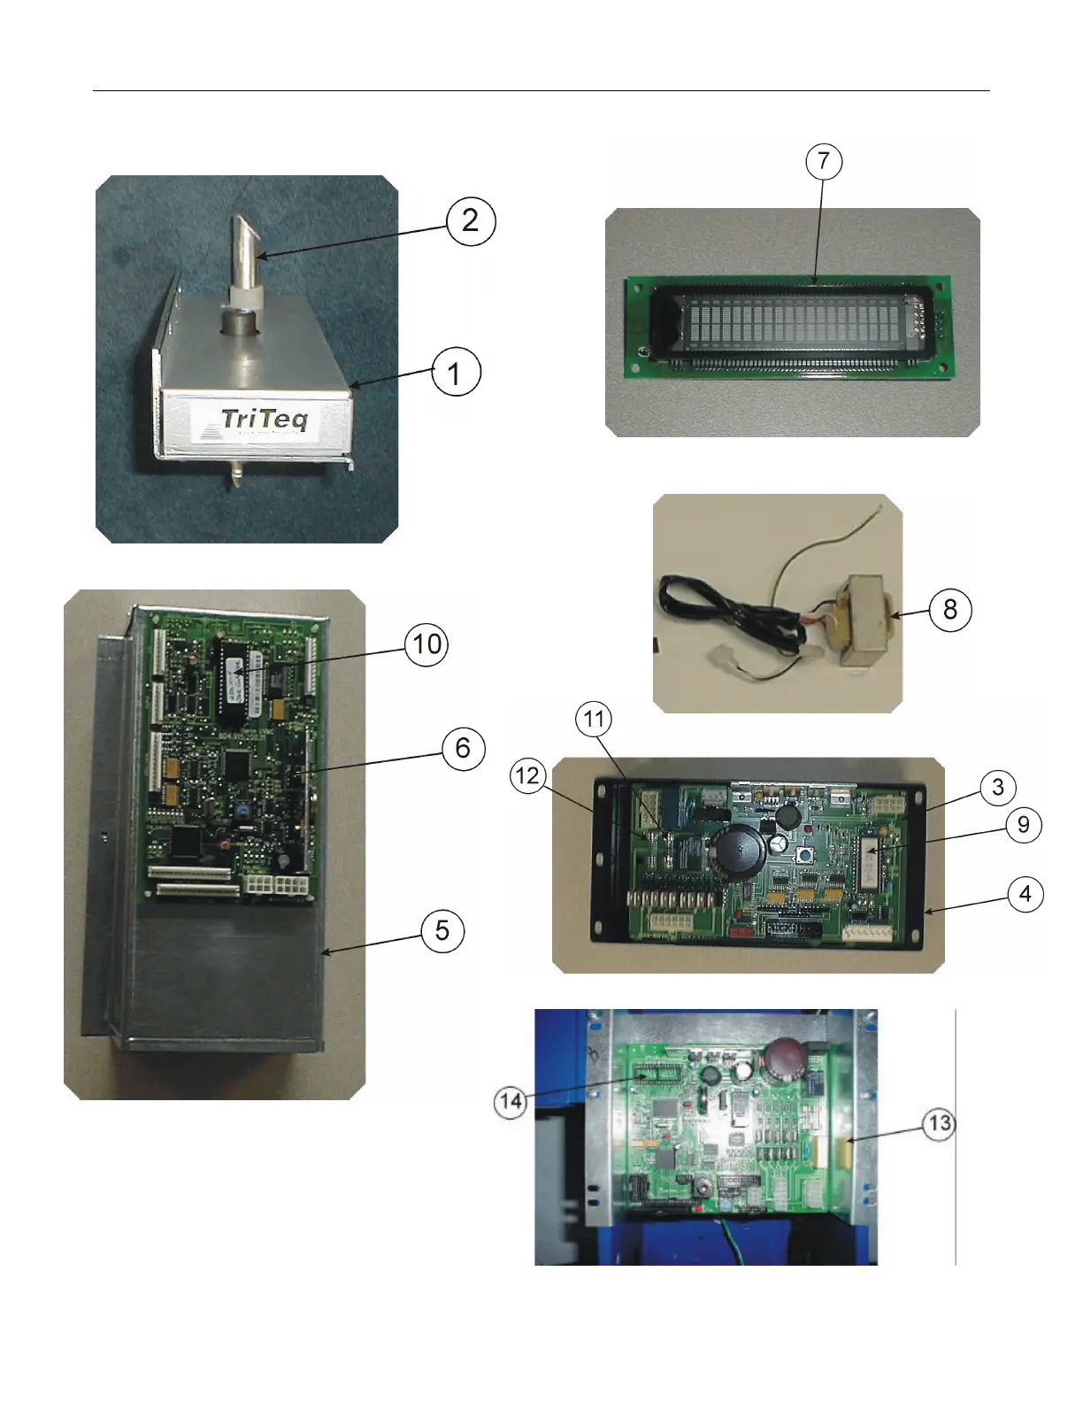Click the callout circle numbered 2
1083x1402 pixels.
pos(470,220)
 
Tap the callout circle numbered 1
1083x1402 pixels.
pos(456,373)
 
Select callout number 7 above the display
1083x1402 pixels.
pos(824,161)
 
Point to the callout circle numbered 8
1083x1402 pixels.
pos(950,609)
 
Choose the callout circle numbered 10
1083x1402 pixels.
pos(426,644)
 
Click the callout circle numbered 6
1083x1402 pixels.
pos(463,749)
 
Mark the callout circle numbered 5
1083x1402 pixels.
pos(442,930)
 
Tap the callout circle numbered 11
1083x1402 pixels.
pos(594,719)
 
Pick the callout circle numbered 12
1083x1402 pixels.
pos(527,776)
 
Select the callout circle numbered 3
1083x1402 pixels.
pos(998,787)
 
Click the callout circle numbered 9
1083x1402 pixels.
pos(1024,825)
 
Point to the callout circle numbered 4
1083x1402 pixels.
pos(1025,894)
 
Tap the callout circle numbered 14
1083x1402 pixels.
pos(511,1102)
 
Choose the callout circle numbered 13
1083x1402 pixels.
pos(939,1124)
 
